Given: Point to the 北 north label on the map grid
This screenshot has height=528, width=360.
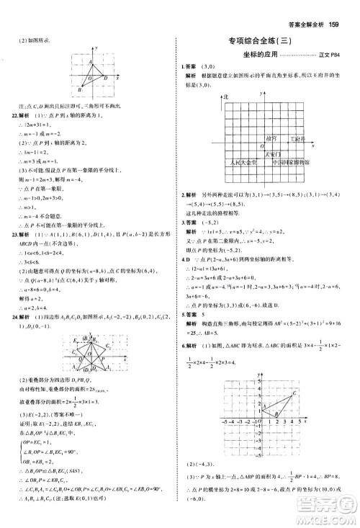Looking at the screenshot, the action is (225, 96).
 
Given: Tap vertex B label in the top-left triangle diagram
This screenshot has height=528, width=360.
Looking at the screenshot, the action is (81, 89).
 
